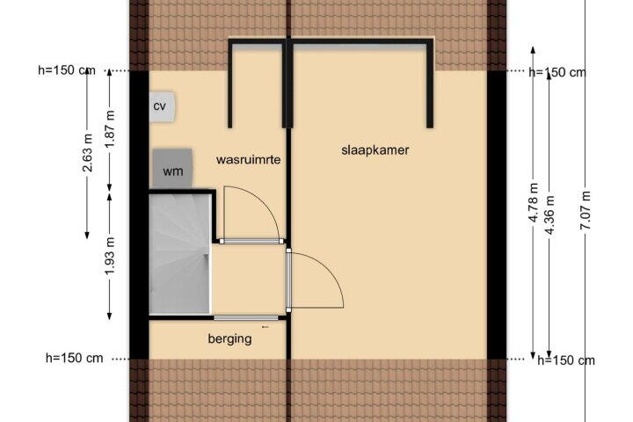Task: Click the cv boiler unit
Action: pos(163,106)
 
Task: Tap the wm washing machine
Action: pos(172,169)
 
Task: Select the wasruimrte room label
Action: pos(248,159)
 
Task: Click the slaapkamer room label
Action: pos(375,150)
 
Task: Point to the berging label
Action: pos(229,338)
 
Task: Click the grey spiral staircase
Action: pos(180,253)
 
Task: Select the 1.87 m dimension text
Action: pos(110,128)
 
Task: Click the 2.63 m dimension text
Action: pos(88,152)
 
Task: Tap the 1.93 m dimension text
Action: pos(110,256)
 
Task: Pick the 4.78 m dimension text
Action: pos(534,202)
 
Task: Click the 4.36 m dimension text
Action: pos(549,215)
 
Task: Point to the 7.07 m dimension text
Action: pos(586,210)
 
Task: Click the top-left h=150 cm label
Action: pos(67,70)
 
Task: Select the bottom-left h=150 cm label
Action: pos(74,358)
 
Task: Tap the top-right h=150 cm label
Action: pos(557,72)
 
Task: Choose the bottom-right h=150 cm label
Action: pos(566,360)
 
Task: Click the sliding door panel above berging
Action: pos(246,317)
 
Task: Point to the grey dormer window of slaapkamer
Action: pos(360,47)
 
